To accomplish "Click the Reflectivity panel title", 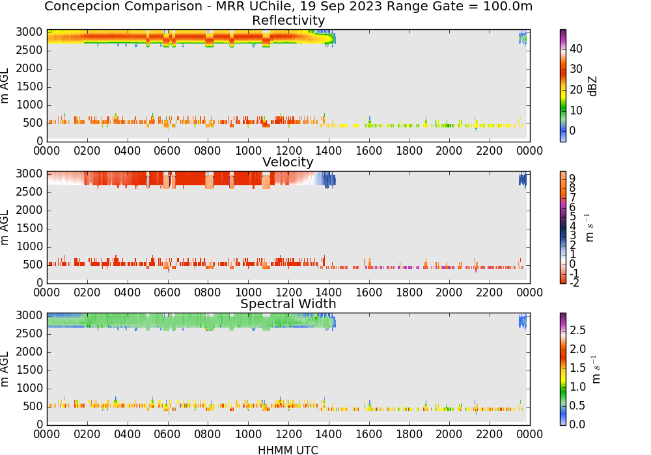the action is tap(288, 20).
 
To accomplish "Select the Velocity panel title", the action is tap(288, 162).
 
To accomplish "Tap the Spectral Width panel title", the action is tap(288, 304).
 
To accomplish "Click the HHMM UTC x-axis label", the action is tap(288, 450).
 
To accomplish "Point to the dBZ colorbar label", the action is tap(593, 86).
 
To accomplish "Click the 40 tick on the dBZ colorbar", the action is tap(576, 49).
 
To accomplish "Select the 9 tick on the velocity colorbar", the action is tap(572, 179).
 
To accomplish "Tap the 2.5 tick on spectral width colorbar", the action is tap(577, 330).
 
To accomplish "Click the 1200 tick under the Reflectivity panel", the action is tap(288, 151).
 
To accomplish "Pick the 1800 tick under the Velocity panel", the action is tap(409, 292).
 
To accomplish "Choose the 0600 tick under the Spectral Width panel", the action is tap(167, 434).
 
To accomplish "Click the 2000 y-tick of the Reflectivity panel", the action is tap(29, 68).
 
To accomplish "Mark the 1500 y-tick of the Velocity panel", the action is tap(29, 228).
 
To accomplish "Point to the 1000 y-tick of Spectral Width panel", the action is tap(29, 388).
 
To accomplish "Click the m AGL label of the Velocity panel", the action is tap(5, 227).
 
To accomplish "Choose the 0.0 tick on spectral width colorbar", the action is tap(577, 424).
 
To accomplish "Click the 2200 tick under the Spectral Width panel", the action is tap(490, 434).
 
